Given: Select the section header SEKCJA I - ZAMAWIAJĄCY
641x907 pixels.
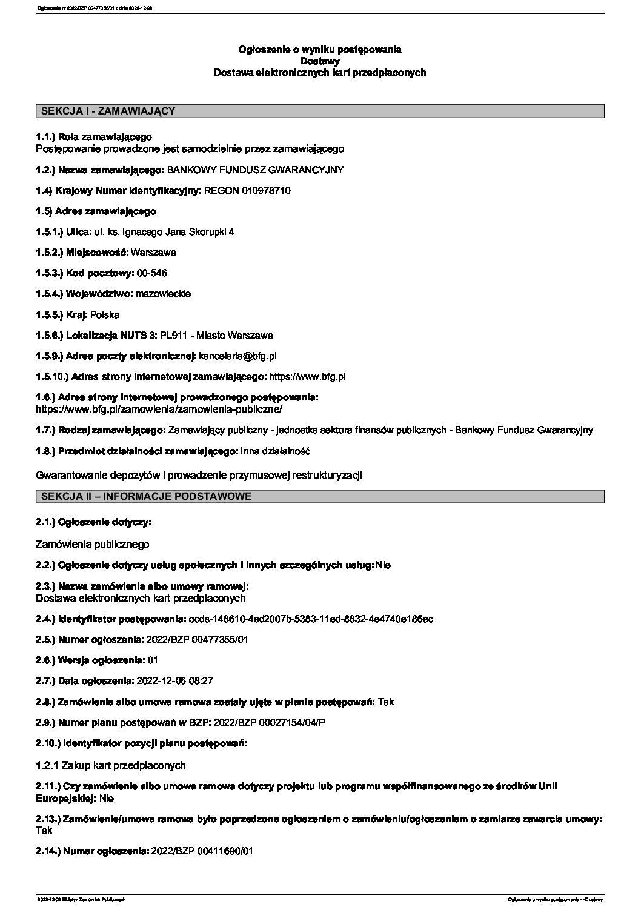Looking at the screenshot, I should [x=108, y=111].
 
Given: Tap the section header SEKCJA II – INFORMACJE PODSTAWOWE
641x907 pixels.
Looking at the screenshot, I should [x=146, y=496].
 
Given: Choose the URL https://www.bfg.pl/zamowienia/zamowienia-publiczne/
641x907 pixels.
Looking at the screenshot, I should [x=159, y=409].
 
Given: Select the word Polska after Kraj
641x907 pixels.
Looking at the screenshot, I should [x=105, y=315].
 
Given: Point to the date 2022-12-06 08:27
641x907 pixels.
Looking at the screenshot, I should [x=176, y=681].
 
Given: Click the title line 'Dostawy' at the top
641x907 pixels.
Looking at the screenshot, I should [x=320, y=61].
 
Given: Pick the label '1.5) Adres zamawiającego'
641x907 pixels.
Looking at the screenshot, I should [x=96, y=211].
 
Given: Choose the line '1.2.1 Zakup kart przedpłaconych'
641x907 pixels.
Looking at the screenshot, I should [x=111, y=765].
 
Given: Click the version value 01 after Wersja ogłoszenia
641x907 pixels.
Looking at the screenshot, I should [x=153, y=660].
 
